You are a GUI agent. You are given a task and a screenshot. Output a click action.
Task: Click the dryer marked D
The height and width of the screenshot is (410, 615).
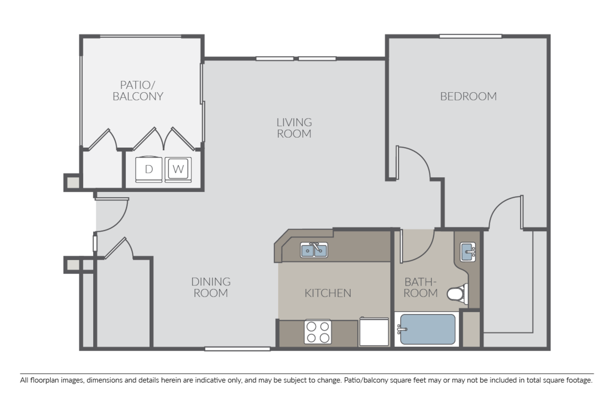click(x=149, y=169)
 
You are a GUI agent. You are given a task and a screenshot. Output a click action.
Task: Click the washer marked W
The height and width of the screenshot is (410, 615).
click(x=177, y=169)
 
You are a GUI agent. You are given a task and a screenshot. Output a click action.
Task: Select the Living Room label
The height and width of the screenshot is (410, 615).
click(x=294, y=128)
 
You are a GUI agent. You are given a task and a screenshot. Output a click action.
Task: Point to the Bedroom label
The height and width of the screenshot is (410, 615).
click(x=468, y=96)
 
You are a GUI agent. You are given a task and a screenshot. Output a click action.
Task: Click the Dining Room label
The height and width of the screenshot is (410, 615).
click(x=211, y=288)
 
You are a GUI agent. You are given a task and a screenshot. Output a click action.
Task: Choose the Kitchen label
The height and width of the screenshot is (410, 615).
click(x=328, y=293)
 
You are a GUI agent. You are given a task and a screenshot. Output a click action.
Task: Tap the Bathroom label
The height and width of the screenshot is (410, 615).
click(x=421, y=288)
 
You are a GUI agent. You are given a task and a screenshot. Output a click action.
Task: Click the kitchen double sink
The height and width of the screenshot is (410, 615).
click(x=314, y=250)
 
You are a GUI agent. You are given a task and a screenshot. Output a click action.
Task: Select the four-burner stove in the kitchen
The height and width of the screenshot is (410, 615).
click(x=318, y=331)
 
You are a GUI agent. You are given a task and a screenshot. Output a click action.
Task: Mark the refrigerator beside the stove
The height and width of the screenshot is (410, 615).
click(x=374, y=332)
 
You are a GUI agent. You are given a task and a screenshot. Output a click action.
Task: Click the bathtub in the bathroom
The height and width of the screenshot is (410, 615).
click(x=427, y=329)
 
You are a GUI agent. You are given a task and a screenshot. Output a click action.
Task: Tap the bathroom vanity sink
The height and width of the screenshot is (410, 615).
click(x=467, y=251)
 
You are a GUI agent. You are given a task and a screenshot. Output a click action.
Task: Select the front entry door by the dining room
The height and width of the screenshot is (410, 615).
click(x=110, y=215)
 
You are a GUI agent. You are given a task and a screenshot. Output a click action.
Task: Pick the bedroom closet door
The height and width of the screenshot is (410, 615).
click(x=505, y=210)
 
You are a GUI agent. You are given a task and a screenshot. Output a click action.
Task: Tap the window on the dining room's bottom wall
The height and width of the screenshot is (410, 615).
click(x=237, y=349)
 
